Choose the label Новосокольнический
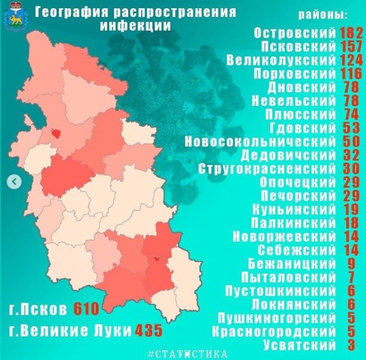(260, 141)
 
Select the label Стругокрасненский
(267, 168)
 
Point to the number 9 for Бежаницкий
(352, 263)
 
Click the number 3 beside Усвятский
(352, 344)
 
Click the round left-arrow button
(14, 182)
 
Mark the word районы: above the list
(323, 15)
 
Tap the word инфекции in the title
(135, 26)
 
